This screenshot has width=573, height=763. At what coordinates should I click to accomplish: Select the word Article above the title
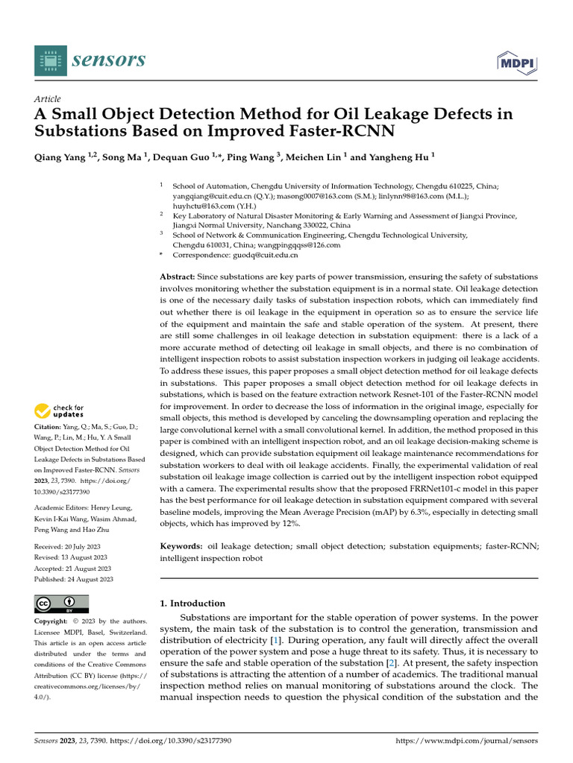tap(48, 99)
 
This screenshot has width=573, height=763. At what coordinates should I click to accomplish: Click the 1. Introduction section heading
tap(192, 604)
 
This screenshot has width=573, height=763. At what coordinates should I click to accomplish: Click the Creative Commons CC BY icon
tap(62, 604)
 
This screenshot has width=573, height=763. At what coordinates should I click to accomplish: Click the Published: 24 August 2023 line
tap(74, 579)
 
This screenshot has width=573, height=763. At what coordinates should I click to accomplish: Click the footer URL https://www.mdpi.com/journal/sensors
tap(466, 741)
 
